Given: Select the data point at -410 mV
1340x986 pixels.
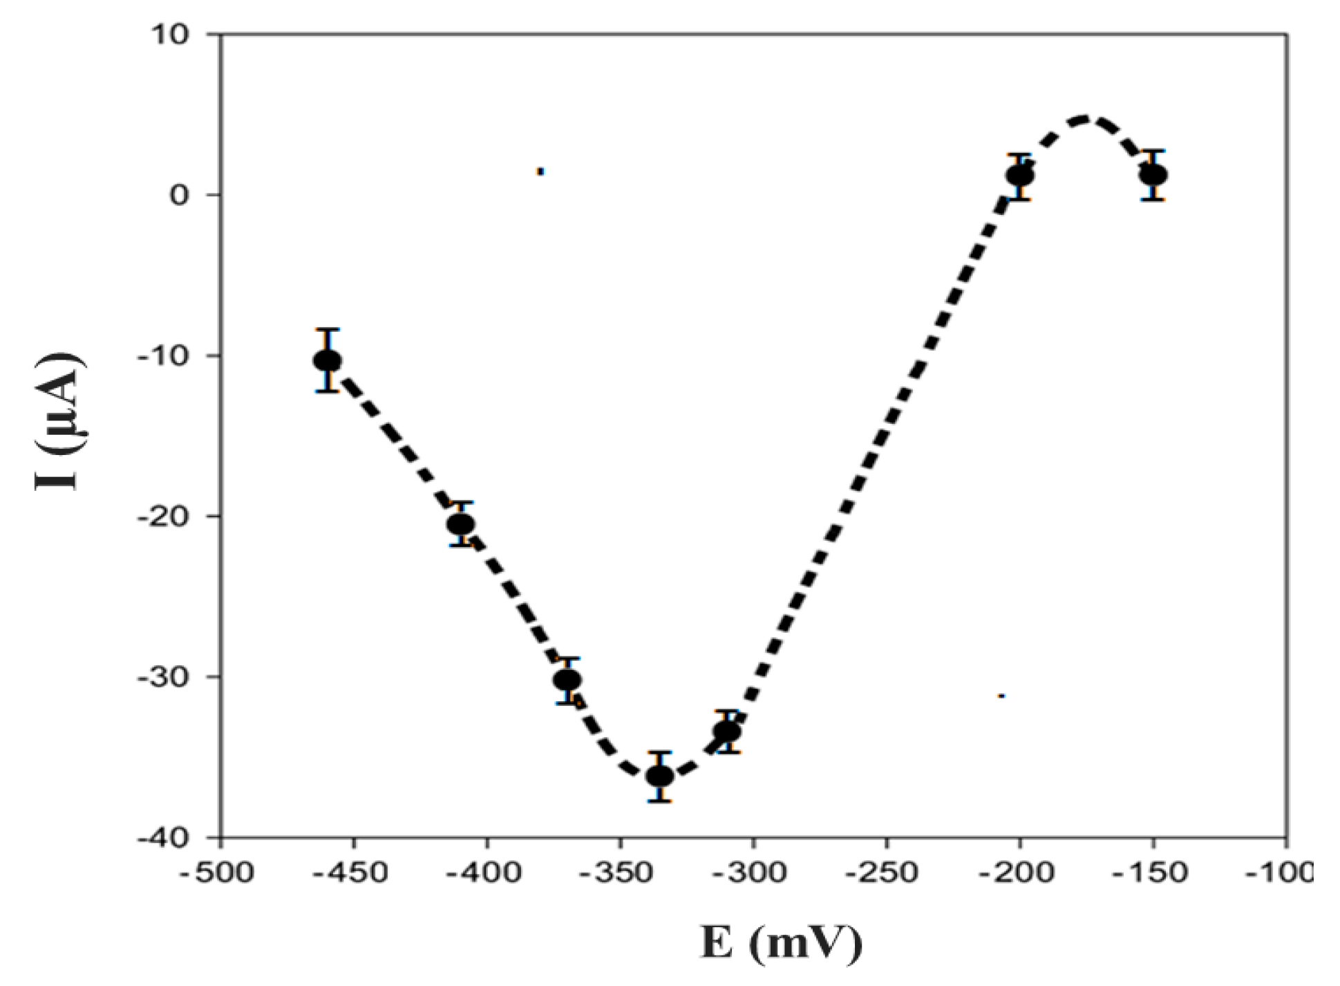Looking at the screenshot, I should pyautogui.click(x=461, y=524).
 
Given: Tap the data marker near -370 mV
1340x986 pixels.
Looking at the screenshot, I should pyautogui.click(x=567, y=680).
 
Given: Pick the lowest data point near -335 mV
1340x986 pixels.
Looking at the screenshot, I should pyautogui.click(x=660, y=776).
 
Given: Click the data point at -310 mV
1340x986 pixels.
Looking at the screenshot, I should pyautogui.click(x=727, y=731).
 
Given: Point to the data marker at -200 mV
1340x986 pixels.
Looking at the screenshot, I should pyautogui.click(x=1020, y=176).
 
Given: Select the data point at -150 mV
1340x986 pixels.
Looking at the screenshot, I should pyautogui.click(x=1153, y=175).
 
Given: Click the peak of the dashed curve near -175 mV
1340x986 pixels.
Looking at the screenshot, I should pyautogui.click(x=1086, y=119).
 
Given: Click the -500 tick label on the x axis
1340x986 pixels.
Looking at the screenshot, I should pyautogui.click(x=216, y=873).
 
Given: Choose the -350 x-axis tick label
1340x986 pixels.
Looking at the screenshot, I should pyautogui.click(x=619, y=873).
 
